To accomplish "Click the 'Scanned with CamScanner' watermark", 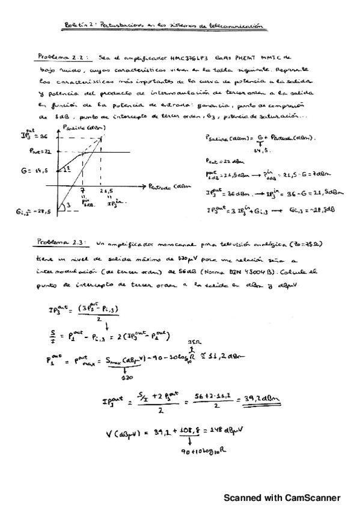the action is (282, 498).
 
